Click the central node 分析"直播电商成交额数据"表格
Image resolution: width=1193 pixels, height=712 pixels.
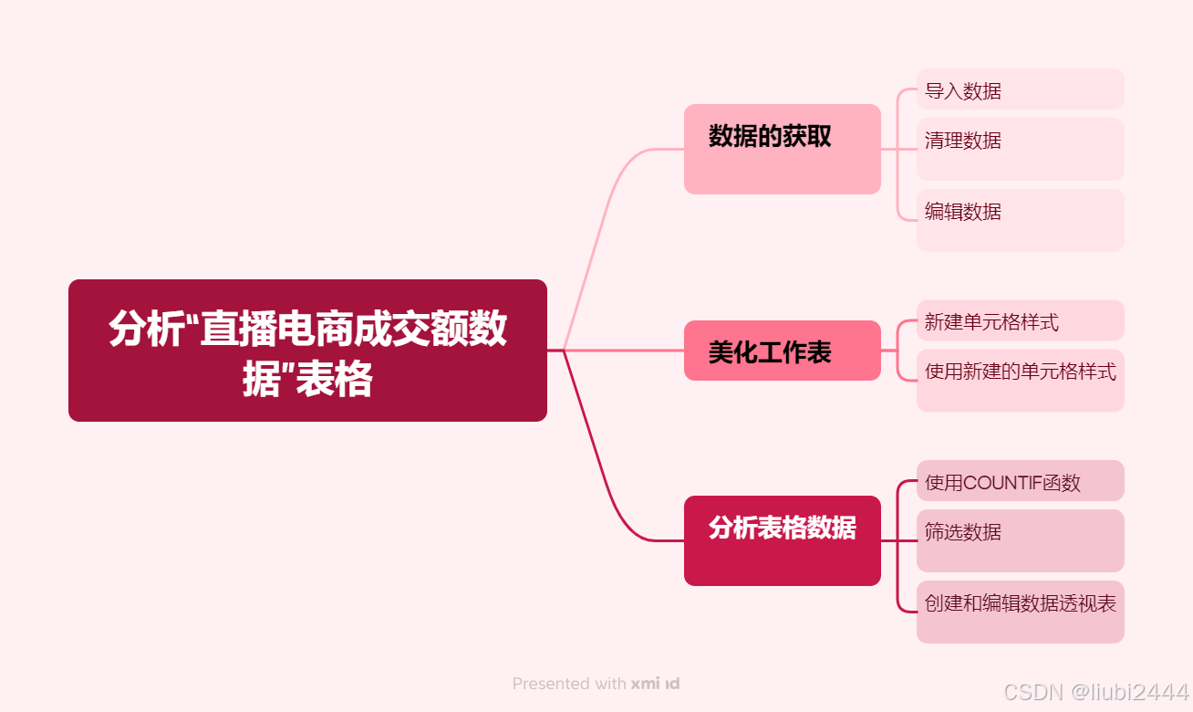tap(307, 351)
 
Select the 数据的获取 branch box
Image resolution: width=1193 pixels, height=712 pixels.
tap(782, 149)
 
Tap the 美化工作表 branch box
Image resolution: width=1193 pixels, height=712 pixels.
tap(782, 351)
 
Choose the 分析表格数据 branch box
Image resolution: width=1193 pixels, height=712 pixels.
tap(782, 540)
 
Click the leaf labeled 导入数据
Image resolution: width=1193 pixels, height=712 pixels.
tap(1020, 89)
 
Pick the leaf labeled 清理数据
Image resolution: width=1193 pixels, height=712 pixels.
tap(1020, 149)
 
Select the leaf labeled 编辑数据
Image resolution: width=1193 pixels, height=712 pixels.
tap(1020, 220)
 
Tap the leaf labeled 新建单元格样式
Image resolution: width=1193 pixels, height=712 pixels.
tap(1020, 320)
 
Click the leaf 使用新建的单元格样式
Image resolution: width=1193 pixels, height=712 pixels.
tap(1020, 380)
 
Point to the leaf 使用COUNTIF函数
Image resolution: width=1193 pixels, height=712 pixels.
tap(1020, 481)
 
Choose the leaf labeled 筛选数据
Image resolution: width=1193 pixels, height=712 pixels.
tap(1020, 540)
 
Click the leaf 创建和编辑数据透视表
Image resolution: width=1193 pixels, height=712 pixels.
tap(1020, 612)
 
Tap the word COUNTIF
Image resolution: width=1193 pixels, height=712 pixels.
tap(1001, 483)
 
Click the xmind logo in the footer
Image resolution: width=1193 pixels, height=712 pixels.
tap(655, 684)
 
